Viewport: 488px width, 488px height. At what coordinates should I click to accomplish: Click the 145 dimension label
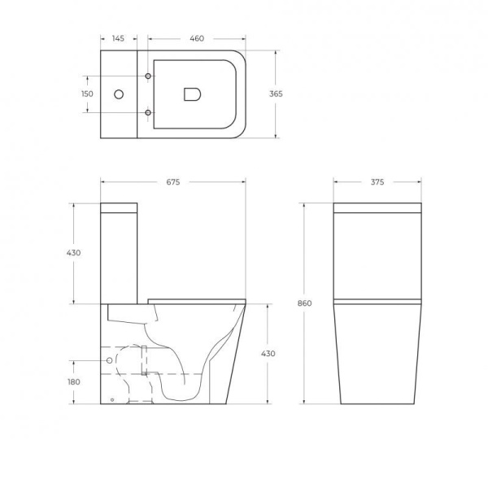tap(119, 38)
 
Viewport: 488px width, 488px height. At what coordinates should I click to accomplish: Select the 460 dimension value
tap(197, 38)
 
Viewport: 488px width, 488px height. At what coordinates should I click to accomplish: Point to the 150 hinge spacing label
tap(87, 94)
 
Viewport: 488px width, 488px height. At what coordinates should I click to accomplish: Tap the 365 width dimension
tap(276, 94)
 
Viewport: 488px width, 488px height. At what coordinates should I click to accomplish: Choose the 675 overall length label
tap(172, 182)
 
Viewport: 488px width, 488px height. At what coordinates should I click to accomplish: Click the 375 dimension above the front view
tap(377, 182)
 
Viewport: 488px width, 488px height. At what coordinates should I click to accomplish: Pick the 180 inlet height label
tap(74, 381)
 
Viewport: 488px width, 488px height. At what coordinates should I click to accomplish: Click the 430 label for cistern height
tap(74, 253)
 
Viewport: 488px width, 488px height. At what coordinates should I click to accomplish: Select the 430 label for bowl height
tap(268, 354)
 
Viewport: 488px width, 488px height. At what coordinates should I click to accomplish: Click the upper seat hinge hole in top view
tap(147, 77)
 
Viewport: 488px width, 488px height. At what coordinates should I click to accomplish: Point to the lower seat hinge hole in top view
tap(147, 111)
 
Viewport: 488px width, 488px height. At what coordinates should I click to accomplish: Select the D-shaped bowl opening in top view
tap(193, 94)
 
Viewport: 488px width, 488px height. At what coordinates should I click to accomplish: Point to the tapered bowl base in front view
tap(377, 358)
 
